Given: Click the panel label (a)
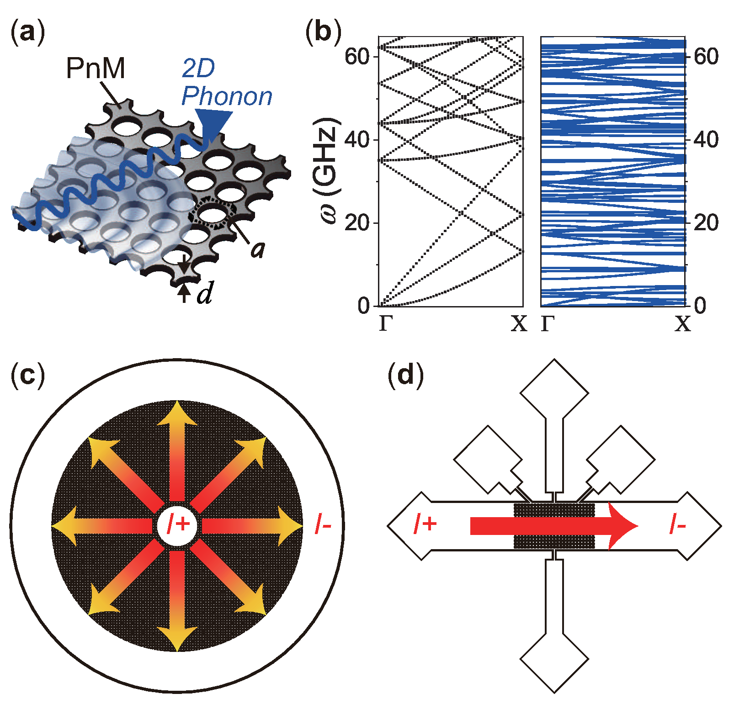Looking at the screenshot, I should [27, 33].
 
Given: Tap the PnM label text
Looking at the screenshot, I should [96, 69].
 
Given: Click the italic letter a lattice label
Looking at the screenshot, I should [258, 249].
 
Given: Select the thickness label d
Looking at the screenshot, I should [204, 294].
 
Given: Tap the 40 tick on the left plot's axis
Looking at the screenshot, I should [357, 139].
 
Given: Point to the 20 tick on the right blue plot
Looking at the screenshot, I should [706, 223].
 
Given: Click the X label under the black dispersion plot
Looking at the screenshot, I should [519, 324].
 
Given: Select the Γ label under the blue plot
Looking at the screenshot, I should [548, 324].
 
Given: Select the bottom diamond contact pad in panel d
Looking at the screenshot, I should [554, 659].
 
